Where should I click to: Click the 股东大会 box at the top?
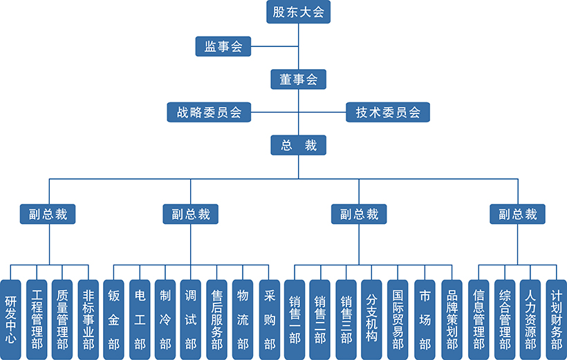coord(298,12)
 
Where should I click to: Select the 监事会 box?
coord(223,46)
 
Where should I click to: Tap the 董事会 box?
coord(298,79)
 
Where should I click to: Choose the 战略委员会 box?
coord(208,112)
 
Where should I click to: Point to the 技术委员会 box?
coord(388,112)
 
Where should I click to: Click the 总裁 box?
coord(298,145)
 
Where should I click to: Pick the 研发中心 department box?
coord(10,320)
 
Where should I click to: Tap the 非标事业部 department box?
coord(88,320)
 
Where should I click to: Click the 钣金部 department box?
coord(113,320)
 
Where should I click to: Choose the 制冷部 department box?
coord(165,320)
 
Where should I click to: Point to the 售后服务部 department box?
coord(216,320)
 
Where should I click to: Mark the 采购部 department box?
coord(269,320)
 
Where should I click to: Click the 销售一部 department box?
coord(295,320)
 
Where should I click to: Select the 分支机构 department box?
coord(371,320)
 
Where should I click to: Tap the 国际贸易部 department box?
coord(398,320)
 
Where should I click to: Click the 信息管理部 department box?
coord(478,320)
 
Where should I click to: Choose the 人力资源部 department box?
coord(530,320)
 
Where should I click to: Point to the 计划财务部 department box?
coord(556,320)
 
